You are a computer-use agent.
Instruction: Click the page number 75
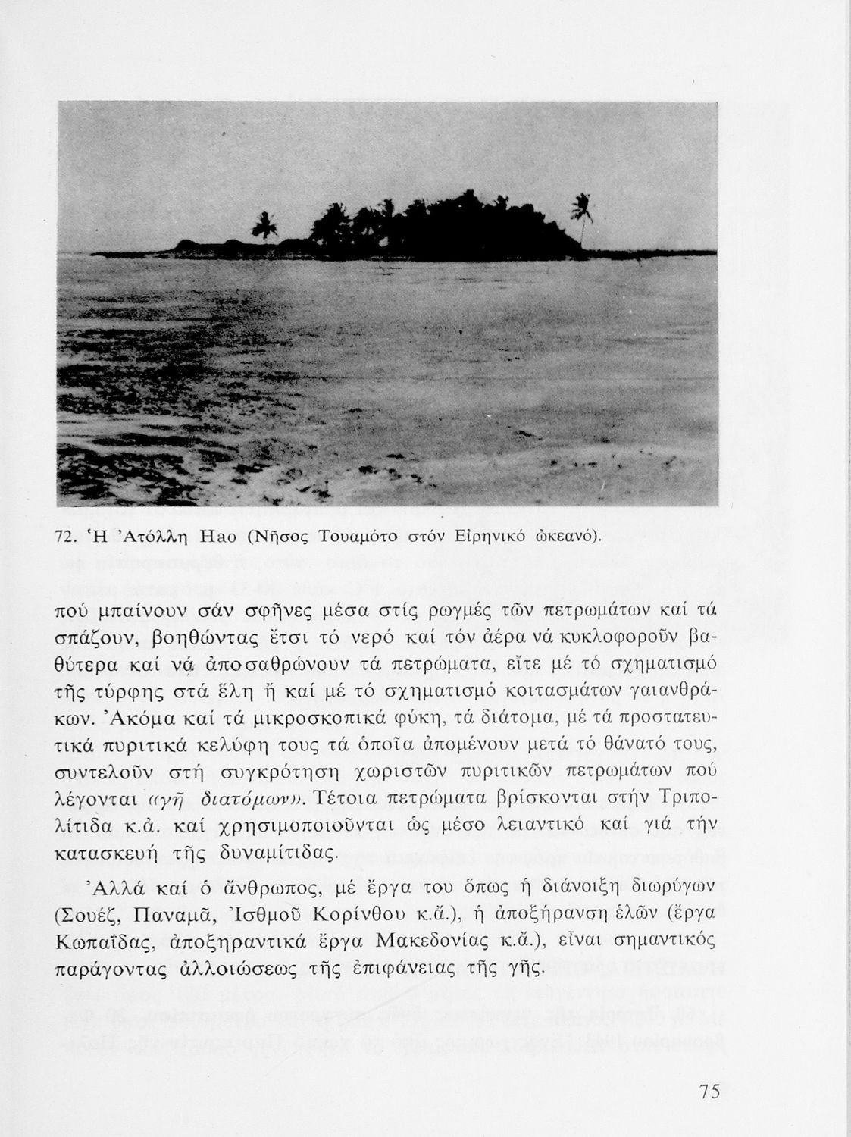pos(709,1092)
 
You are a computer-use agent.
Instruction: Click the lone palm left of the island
pos(263,225)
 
